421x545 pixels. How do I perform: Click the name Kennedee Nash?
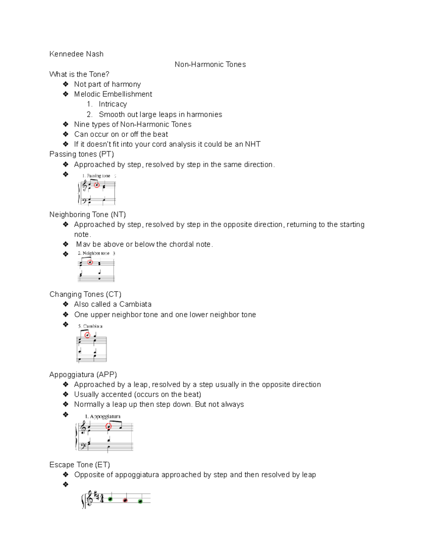pos(76,54)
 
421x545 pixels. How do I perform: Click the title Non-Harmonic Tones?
pos(210,64)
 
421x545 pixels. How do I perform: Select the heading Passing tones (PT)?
pos(81,154)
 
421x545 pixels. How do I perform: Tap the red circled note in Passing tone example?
pos(96,185)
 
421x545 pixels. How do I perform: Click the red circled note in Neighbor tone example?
pos(90,262)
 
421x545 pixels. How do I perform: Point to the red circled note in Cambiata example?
pos(87,335)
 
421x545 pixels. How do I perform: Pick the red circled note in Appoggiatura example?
pos(108,427)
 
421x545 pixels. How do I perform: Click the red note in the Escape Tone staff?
pos(125,500)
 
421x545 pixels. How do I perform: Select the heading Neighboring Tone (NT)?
pos(87,214)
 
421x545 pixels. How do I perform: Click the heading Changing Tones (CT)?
pos(85,294)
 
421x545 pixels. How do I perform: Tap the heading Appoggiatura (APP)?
pos(83,374)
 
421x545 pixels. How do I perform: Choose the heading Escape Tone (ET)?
pos(80,465)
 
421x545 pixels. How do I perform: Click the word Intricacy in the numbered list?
pos(113,104)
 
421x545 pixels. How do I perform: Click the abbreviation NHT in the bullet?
pos(253,144)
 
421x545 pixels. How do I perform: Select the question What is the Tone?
pos(79,74)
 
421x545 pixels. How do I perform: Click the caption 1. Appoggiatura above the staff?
pos(102,416)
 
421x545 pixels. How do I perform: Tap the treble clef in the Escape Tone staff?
pos(89,499)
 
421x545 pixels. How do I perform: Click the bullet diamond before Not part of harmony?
pos(66,84)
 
